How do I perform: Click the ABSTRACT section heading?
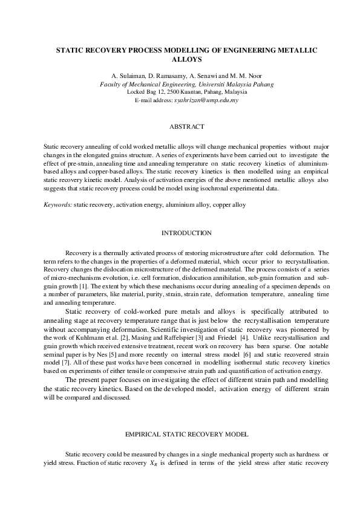pos(188,127)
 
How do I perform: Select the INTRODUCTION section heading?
pos(188,233)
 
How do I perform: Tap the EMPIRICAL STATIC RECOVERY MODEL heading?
pos(188,434)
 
